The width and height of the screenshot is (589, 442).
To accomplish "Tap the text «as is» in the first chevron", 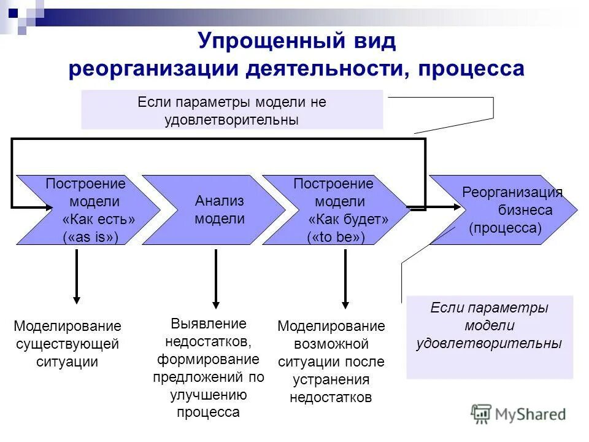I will click(90, 238).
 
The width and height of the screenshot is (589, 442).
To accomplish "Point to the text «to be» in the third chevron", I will click(336, 238).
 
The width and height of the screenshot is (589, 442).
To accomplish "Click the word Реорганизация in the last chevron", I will click(512, 192).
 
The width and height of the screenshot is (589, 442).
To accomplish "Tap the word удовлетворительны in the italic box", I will click(488, 343).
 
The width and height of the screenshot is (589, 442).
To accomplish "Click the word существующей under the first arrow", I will click(67, 344).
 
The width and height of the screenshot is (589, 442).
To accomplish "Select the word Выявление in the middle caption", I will click(209, 324).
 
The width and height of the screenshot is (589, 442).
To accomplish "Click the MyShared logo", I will click(518, 414).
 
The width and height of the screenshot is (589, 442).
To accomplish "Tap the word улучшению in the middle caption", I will click(209, 395).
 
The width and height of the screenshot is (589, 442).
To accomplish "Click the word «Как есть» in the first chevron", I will click(98, 219).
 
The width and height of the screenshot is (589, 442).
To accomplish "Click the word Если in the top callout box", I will click(153, 103).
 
